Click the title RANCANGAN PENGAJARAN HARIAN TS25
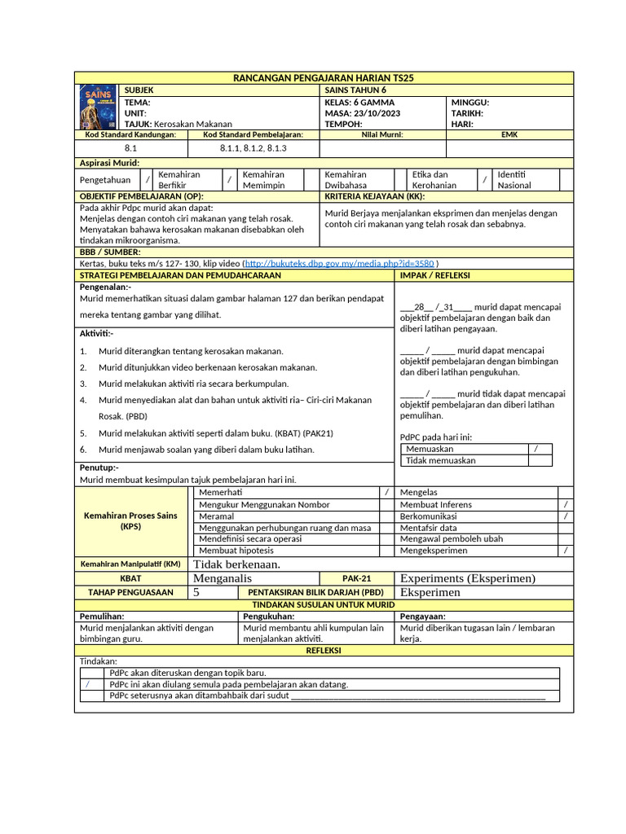(324, 77)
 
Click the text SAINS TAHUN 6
(355, 90)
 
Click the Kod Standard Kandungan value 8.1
(130, 148)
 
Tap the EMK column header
(509, 134)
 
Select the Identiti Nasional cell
(514, 180)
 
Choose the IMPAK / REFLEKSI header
(434, 275)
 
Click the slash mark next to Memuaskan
(536, 449)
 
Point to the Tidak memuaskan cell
(441, 460)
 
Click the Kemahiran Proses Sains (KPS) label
(130, 521)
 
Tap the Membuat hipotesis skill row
(236, 551)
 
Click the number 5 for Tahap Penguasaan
(196, 592)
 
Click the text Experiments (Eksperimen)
(467, 578)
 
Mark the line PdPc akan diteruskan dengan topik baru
(187, 674)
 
